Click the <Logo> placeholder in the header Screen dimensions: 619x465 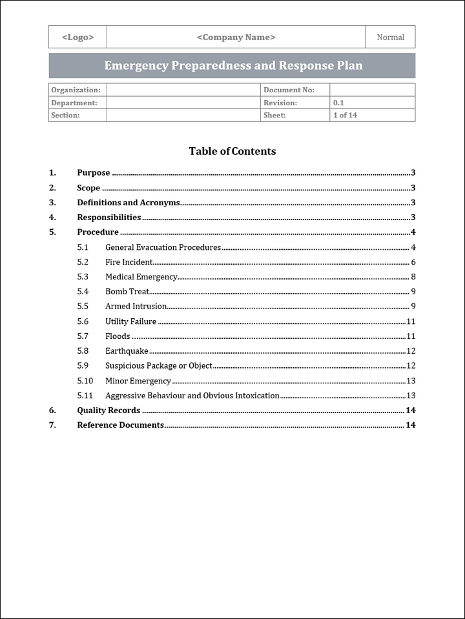click(77, 37)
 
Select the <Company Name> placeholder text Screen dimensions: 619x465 click(236, 37)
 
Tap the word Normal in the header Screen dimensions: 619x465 click(390, 37)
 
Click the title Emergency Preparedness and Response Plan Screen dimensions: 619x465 click(233, 66)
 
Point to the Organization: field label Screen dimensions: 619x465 click(76, 90)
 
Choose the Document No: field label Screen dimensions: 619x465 click(289, 90)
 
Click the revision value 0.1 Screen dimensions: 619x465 click(338, 103)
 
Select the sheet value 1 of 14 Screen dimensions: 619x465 click(345, 116)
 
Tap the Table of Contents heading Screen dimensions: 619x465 click(232, 151)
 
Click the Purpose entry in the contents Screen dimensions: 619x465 click(94, 173)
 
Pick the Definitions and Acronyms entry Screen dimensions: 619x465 click(128, 203)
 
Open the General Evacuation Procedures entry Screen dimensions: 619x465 click(163, 247)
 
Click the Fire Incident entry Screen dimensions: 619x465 click(129, 262)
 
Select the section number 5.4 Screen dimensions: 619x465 click(83, 292)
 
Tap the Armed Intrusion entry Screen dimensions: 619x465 click(136, 307)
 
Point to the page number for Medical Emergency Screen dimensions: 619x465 click(413, 277)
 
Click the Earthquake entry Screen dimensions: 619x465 click(127, 351)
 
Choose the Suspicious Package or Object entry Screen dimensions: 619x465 click(159, 366)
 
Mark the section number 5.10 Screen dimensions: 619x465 click(85, 381)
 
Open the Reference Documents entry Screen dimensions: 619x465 click(120, 425)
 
